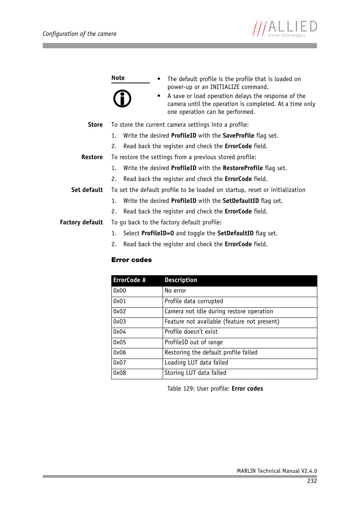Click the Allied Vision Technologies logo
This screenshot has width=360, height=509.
pyautogui.click(x=285, y=29)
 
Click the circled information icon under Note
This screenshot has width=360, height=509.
pyautogui.click(x=122, y=99)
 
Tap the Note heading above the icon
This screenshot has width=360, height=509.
pyautogui.click(x=118, y=78)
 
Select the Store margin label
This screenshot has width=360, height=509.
pyautogui.click(x=95, y=125)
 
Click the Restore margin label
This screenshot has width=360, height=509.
pyautogui.click(x=92, y=157)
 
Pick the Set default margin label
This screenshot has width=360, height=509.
pyautogui.click(x=87, y=190)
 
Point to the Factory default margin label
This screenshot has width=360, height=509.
pyautogui.click(x=81, y=222)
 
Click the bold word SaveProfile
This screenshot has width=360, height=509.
pyautogui.click(x=238, y=136)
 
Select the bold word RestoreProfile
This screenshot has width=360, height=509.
pyautogui.click(x=243, y=168)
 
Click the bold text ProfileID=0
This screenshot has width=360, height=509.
pyautogui.click(x=157, y=233)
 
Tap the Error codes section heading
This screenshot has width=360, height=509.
pyautogui.click(x=131, y=260)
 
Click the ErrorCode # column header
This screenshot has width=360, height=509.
pyautogui.click(x=129, y=280)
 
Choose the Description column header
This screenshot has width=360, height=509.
pyautogui.click(x=181, y=280)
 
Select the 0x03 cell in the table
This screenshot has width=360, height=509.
pyautogui.click(x=120, y=322)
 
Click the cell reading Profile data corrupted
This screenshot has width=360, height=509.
pyautogui.click(x=194, y=301)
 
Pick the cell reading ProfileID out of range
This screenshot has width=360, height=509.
pyautogui.click(x=194, y=342)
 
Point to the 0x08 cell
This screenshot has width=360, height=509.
pyautogui.click(x=120, y=373)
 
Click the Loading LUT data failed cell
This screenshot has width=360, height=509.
pyautogui.click(x=196, y=363)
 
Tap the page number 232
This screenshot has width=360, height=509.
pyautogui.click(x=312, y=481)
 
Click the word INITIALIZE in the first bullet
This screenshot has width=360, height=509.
pyautogui.click(x=225, y=87)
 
